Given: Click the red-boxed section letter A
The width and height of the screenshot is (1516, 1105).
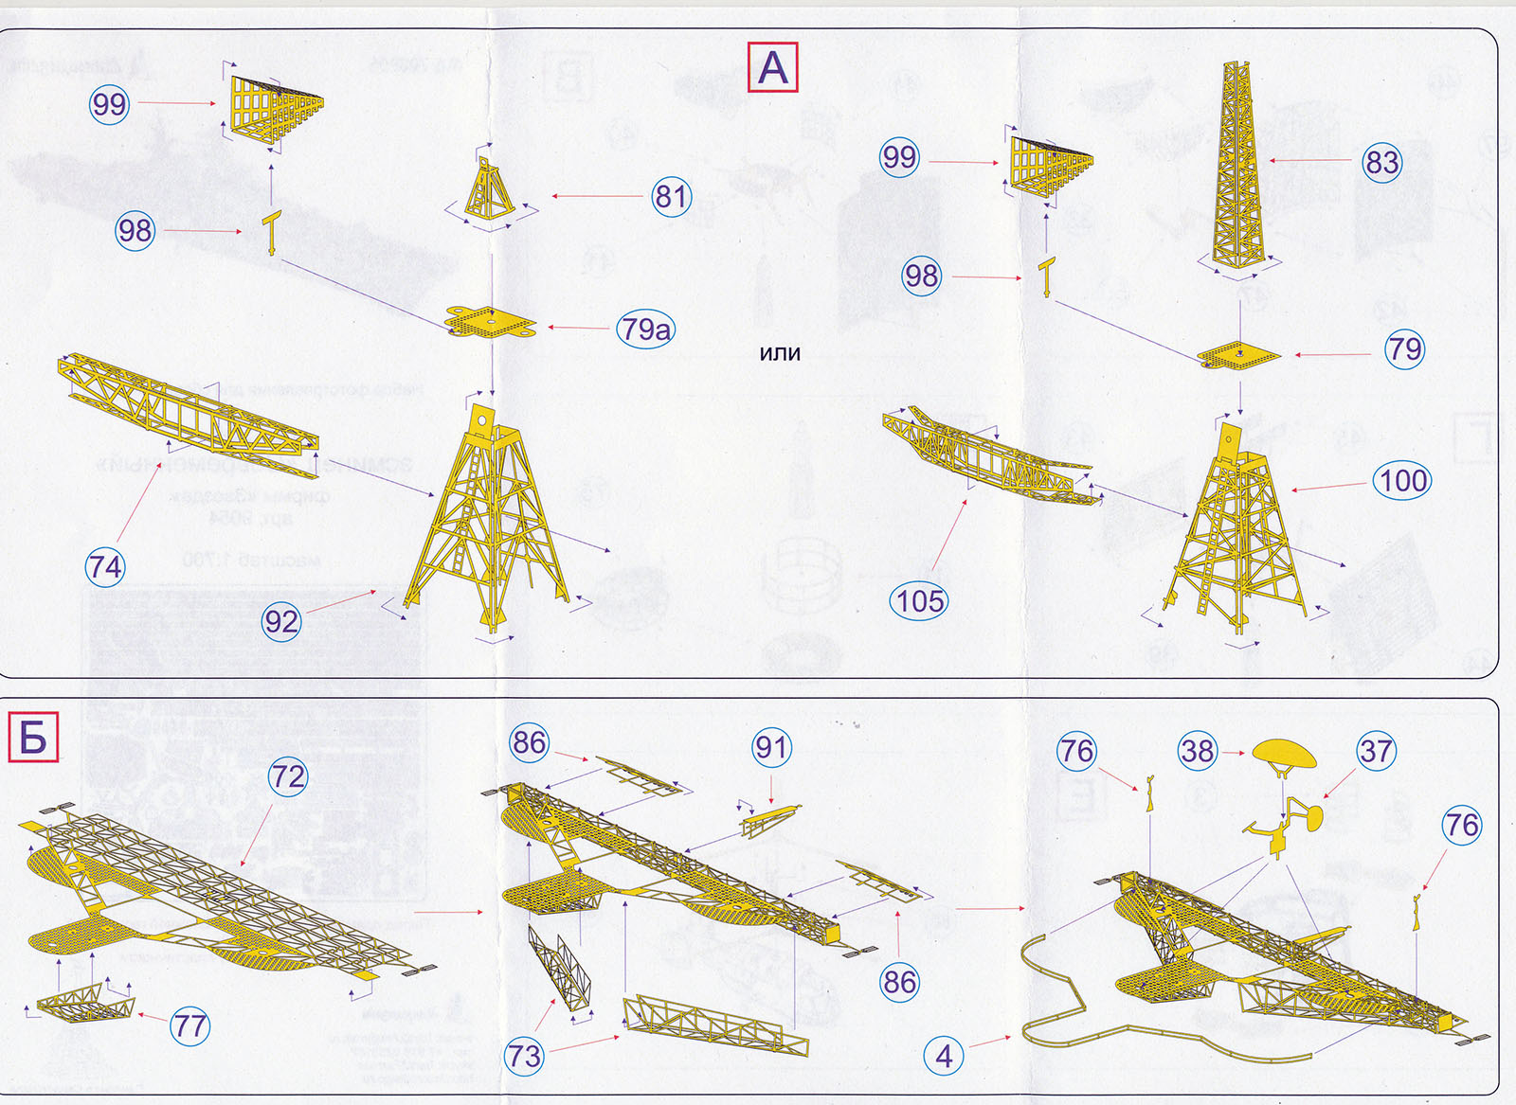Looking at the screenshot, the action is pyautogui.click(x=773, y=67).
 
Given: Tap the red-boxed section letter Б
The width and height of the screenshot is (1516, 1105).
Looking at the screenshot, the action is pyautogui.click(x=33, y=738).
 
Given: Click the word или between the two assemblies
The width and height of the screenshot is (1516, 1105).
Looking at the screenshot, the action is pyautogui.click(x=780, y=353).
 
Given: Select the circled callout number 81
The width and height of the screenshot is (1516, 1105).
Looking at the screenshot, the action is pyautogui.click(x=672, y=197).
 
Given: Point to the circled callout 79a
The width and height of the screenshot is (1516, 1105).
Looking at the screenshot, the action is pyautogui.click(x=646, y=329).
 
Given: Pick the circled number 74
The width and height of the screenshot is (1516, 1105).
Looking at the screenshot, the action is pyautogui.click(x=104, y=567).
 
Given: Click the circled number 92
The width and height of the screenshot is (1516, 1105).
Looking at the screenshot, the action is pyautogui.click(x=281, y=621).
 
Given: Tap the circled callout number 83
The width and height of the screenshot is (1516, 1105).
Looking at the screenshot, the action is pyautogui.click(x=1381, y=162).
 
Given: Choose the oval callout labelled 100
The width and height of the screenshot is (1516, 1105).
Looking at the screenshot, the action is pyautogui.click(x=1402, y=481).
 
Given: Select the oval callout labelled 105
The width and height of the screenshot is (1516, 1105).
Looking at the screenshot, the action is pyautogui.click(x=920, y=600).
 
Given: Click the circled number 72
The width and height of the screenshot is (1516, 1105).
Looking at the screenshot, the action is pyautogui.click(x=287, y=777).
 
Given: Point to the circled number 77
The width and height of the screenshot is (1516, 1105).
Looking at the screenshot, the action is pyautogui.click(x=189, y=1025).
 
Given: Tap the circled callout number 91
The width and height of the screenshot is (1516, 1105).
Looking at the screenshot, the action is pyautogui.click(x=771, y=748).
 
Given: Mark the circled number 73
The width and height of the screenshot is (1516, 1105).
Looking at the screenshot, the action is pyautogui.click(x=523, y=1055).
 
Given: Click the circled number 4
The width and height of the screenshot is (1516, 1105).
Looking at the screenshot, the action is pyautogui.click(x=944, y=1056).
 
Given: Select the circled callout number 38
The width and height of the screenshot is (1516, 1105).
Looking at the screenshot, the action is pyautogui.click(x=1197, y=751).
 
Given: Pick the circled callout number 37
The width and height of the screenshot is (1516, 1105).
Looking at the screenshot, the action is pyautogui.click(x=1376, y=751).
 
